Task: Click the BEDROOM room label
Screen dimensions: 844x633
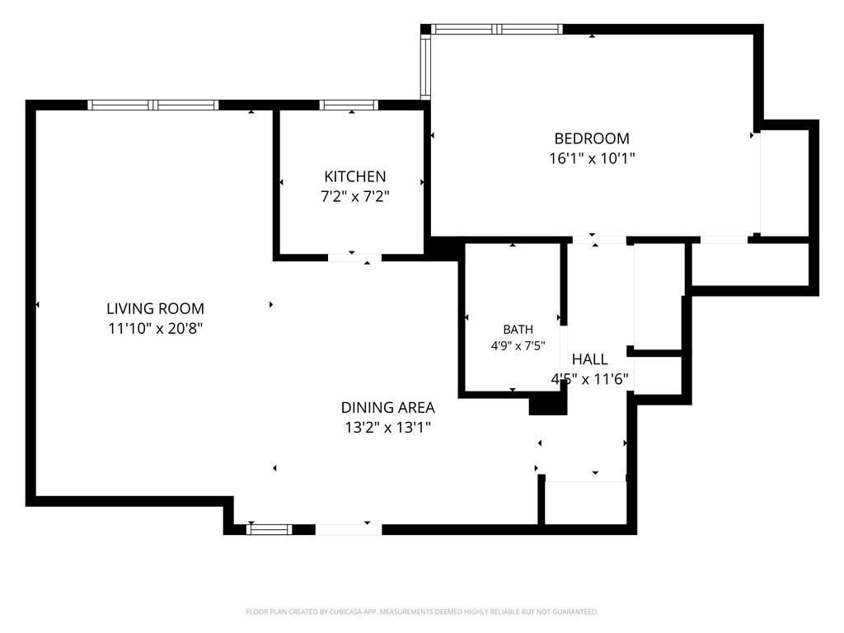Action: [x=592, y=138]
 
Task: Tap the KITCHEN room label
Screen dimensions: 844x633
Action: [x=354, y=176]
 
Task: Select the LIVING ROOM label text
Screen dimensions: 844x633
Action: [x=155, y=308]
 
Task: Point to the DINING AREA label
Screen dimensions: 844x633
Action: [x=387, y=407]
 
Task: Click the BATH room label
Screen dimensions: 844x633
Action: [x=518, y=329]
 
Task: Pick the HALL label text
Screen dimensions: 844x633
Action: [x=589, y=359]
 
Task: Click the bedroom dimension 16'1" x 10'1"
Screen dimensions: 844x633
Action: [x=592, y=158]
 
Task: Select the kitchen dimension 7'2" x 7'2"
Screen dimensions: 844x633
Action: [x=354, y=196]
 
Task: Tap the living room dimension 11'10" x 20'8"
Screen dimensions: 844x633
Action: [x=155, y=328]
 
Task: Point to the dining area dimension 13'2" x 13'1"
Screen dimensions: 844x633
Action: [x=387, y=428]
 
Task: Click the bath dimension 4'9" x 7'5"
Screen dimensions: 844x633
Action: [x=518, y=345]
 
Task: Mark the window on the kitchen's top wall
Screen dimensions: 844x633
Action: [x=349, y=105]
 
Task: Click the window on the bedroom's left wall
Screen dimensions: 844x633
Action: [x=425, y=67]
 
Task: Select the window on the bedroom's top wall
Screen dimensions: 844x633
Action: [x=497, y=29]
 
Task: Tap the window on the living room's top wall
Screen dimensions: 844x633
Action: [x=152, y=105]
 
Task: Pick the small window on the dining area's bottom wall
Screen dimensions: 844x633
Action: [x=270, y=529]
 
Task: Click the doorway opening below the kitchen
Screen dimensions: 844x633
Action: [x=354, y=258]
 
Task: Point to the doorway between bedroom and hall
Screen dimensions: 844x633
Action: [x=600, y=240]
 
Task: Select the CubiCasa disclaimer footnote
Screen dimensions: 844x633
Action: [x=421, y=612]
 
